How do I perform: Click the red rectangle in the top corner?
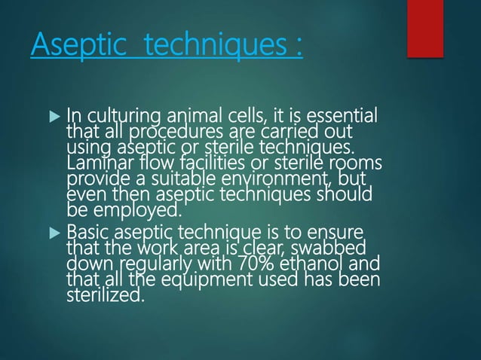pos(424,28)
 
